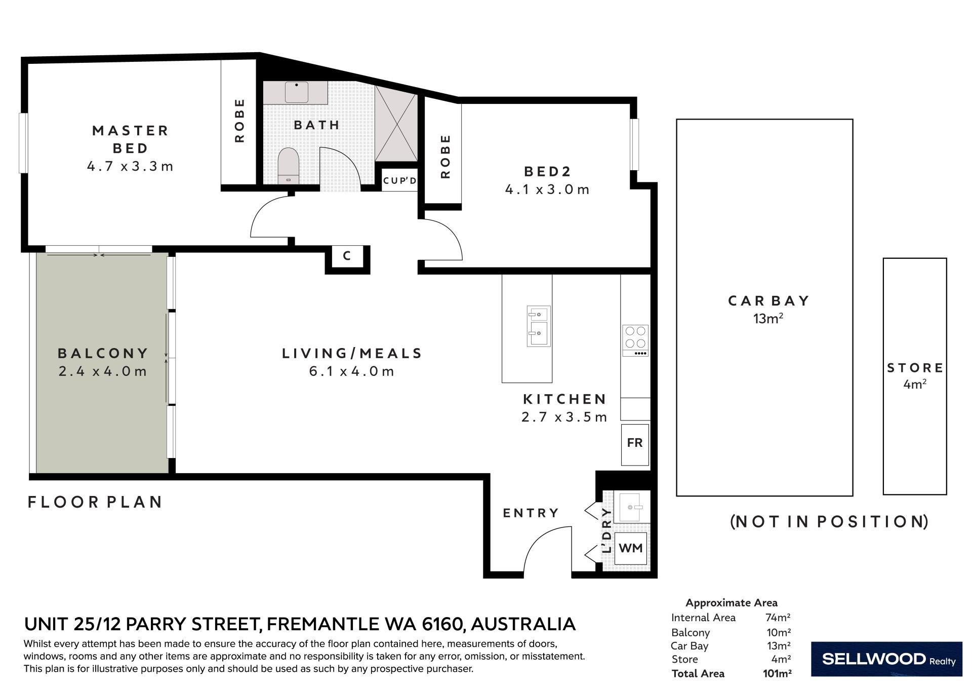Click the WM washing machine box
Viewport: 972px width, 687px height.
(631, 548)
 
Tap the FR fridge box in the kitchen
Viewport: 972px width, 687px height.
(635, 444)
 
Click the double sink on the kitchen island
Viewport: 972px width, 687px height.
(538, 326)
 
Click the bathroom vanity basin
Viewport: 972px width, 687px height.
(297, 92)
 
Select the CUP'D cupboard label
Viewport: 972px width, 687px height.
(399, 180)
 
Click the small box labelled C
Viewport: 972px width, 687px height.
(347, 256)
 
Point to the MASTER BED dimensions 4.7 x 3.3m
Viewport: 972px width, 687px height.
(130, 166)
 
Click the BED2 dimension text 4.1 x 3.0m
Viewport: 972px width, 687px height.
(547, 189)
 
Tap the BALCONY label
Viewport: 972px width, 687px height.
(103, 353)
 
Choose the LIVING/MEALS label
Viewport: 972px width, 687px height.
(352, 353)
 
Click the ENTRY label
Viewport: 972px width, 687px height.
(531, 513)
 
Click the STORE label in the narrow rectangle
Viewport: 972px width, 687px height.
(915, 368)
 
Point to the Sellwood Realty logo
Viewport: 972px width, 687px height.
(886, 659)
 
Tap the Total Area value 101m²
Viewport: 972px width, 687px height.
(777, 673)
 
